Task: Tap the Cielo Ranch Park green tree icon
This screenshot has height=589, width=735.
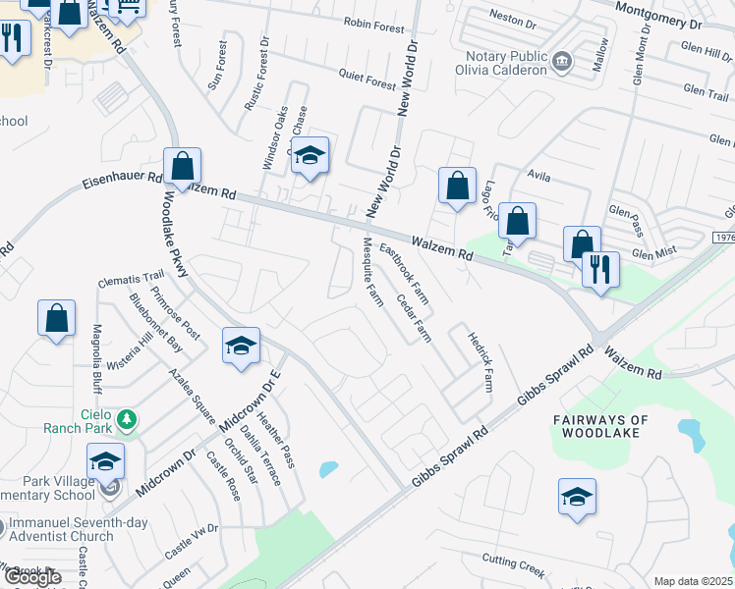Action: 126,421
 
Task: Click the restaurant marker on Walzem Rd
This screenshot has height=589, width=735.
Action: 599,269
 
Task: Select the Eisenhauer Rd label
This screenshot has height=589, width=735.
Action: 121,181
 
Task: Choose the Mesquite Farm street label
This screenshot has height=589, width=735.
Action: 371,271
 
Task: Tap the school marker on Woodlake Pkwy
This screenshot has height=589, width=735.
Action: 241,346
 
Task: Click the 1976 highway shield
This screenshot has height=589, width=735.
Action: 722,239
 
